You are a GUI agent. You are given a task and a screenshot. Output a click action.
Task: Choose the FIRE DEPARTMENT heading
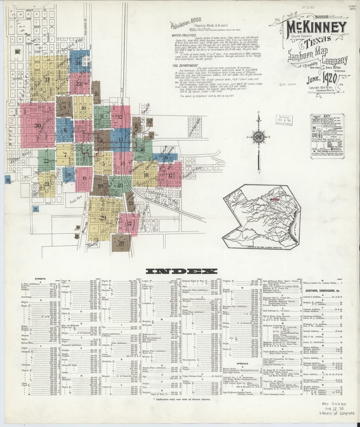click(x=182, y=66)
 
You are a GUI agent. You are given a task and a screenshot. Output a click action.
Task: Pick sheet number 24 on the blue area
click(x=78, y=63)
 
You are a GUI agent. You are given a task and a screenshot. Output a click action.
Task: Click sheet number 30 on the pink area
click(x=38, y=125)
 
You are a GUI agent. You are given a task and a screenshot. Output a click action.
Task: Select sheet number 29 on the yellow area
click(x=103, y=217)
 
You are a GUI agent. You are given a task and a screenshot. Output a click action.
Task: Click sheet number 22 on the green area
click(x=46, y=160)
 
